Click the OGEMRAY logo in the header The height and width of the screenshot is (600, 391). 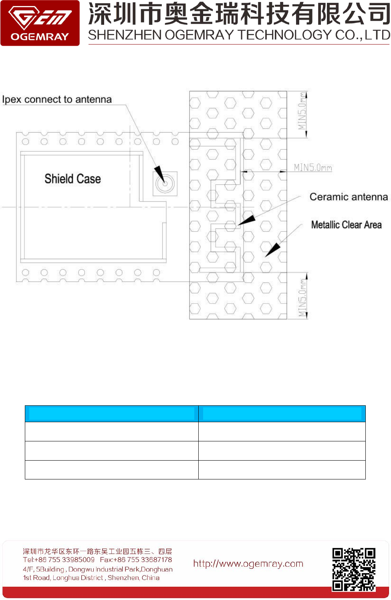pyautogui.click(x=40, y=23)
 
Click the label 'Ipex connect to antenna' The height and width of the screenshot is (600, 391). pyautogui.click(x=57, y=99)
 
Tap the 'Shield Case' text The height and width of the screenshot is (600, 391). pyautogui.click(x=73, y=179)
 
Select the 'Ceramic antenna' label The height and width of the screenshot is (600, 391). pyautogui.click(x=349, y=197)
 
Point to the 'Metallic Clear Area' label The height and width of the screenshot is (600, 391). pyautogui.click(x=346, y=225)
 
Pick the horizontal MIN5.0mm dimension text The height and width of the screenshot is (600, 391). pyautogui.click(x=313, y=167)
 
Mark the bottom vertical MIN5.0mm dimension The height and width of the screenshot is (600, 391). pyautogui.click(x=302, y=298)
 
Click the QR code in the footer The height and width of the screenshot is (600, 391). pyautogui.click(x=354, y=569)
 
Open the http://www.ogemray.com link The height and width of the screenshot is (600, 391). pyautogui.click(x=248, y=564)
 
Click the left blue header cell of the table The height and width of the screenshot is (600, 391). pyautogui.click(x=111, y=413)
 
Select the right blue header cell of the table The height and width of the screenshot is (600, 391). pyautogui.click(x=282, y=413)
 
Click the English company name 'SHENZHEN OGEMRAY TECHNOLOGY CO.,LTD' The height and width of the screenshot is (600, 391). pyautogui.click(x=239, y=35)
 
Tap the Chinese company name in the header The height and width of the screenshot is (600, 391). pyautogui.click(x=239, y=14)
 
